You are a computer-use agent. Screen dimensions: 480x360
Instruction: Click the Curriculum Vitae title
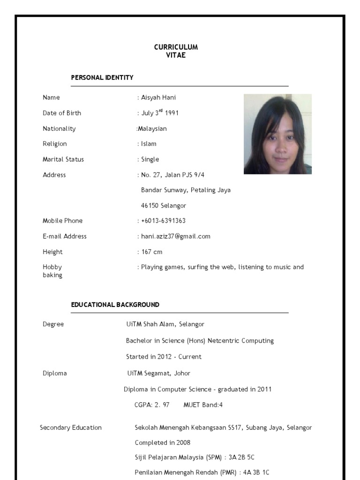pyautogui.click(x=176, y=51)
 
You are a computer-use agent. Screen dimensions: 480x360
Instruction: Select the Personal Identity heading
pyautogui.click(x=102, y=78)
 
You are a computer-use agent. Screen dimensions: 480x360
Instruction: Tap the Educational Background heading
pyautogui.click(x=115, y=305)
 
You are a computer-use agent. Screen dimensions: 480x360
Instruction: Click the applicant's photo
pyautogui.click(x=277, y=134)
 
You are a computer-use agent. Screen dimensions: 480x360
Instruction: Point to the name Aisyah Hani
pyautogui.click(x=158, y=97)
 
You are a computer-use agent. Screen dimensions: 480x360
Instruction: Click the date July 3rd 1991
pyautogui.click(x=159, y=113)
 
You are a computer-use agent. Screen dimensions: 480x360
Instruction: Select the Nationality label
pyautogui.click(x=59, y=128)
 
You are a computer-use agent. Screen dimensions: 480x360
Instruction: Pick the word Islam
pyautogui.click(x=149, y=144)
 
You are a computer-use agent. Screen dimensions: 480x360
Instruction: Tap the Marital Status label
pyautogui.click(x=63, y=159)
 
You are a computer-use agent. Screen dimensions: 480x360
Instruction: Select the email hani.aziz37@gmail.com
pyautogui.click(x=175, y=236)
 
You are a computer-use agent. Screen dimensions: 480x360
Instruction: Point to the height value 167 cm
pyautogui.click(x=152, y=252)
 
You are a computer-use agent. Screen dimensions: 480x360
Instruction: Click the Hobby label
pyautogui.click(x=52, y=267)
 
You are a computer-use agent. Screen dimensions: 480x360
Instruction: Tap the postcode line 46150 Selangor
pyautogui.click(x=164, y=206)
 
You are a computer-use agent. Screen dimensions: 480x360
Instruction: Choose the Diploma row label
pyautogui.click(x=55, y=374)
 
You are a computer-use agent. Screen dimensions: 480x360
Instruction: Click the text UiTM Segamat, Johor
pyautogui.click(x=159, y=374)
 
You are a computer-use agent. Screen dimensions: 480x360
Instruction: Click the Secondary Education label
pyautogui.click(x=71, y=427)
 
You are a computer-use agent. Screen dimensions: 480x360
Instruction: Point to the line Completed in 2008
pyautogui.click(x=163, y=442)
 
